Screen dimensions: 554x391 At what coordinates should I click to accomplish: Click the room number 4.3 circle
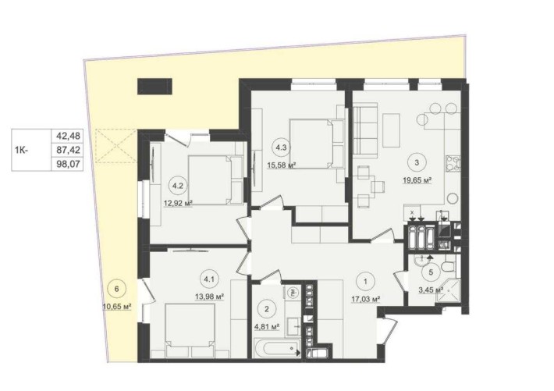(281, 148)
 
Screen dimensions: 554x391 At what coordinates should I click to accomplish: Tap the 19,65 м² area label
(418, 180)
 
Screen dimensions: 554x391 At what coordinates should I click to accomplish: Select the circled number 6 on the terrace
(117, 289)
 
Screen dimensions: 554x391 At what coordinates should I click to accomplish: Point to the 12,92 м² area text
(178, 203)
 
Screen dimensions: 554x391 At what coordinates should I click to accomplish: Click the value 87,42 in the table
(68, 150)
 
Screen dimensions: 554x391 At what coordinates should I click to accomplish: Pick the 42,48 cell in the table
(68, 136)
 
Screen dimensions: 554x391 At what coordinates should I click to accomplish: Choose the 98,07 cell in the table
(68, 164)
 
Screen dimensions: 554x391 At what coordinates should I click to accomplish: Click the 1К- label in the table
(22, 150)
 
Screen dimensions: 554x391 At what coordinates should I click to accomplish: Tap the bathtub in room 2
(277, 349)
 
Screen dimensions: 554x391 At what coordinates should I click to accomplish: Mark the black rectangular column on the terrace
(154, 87)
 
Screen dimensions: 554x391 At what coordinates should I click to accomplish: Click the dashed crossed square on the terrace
(115, 146)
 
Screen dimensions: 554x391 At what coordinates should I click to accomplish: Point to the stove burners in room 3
(453, 164)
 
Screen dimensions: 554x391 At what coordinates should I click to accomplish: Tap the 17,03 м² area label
(365, 299)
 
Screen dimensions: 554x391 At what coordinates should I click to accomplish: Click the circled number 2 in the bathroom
(267, 308)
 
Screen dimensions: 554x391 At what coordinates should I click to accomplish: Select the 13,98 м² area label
(210, 297)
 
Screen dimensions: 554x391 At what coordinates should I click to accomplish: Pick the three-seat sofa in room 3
(365, 129)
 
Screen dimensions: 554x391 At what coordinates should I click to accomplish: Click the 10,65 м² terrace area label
(117, 307)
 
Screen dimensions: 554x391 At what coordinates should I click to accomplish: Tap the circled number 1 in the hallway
(365, 282)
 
